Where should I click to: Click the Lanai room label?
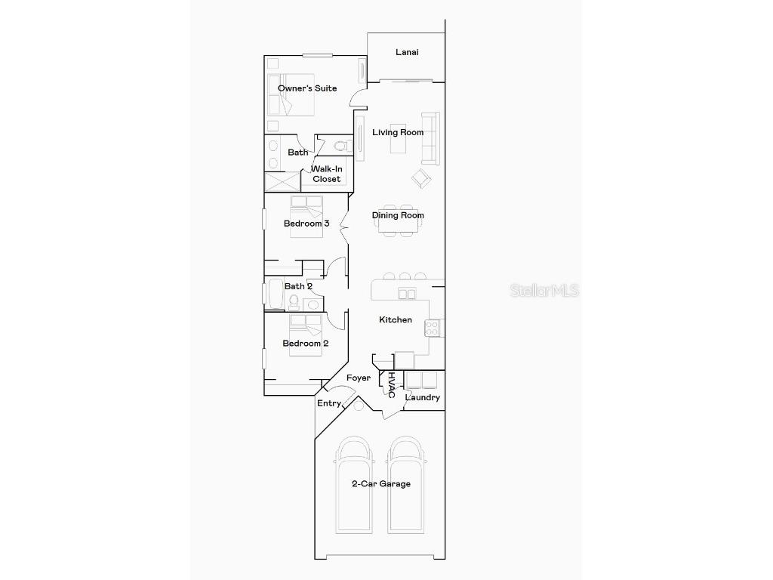coord(407,52)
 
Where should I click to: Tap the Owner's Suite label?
coord(307,88)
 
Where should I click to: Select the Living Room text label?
coord(398,132)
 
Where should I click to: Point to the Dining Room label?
coord(398,215)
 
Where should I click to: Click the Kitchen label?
coord(396,319)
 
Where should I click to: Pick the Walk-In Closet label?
coord(327,174)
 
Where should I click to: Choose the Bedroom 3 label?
coord(306,223)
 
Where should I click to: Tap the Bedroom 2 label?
coord(306,343)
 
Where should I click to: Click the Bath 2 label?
coord(298,286)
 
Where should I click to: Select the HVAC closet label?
coord(391,385)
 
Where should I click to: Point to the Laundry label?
coord(423,397)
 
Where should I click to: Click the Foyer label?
coord(359,378)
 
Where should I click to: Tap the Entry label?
coord(328,403)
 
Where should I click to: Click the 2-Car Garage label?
coord(381,483)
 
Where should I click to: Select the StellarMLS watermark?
coord(544,290)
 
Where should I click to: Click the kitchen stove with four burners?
coord(433,328)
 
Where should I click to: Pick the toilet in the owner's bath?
coord(337,146)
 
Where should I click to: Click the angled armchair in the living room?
coord(420,179)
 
